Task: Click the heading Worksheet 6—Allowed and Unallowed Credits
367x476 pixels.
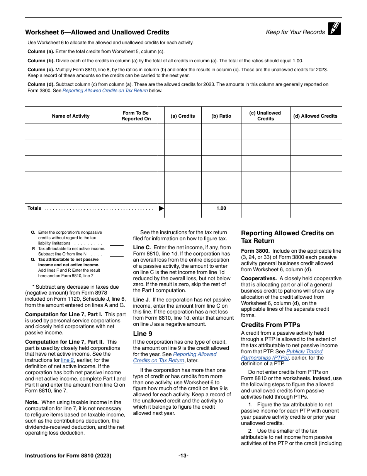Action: (x=97, y=32)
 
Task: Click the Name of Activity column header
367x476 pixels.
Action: (x=70, y=116)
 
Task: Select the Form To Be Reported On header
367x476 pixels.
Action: (x=136, y=116)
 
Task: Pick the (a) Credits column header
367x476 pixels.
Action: (x=183, y=116)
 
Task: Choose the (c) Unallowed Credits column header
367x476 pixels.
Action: (x=265, y=116)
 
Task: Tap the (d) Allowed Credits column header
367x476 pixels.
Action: (x=315, y=116)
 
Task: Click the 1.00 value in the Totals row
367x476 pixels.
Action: (x=221, y=208)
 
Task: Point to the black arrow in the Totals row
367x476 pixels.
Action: (x=161, y=208)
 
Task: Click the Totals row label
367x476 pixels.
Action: (x=34, y=208)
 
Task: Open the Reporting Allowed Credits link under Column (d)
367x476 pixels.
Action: (x=105, y=91)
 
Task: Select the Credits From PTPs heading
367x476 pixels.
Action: (x=270, y=325)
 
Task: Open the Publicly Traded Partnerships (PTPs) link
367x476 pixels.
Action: (x=282, y=354)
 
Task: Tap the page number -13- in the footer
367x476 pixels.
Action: (x=183, y=455)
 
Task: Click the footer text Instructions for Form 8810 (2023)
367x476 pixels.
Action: (x=68, y=455)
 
